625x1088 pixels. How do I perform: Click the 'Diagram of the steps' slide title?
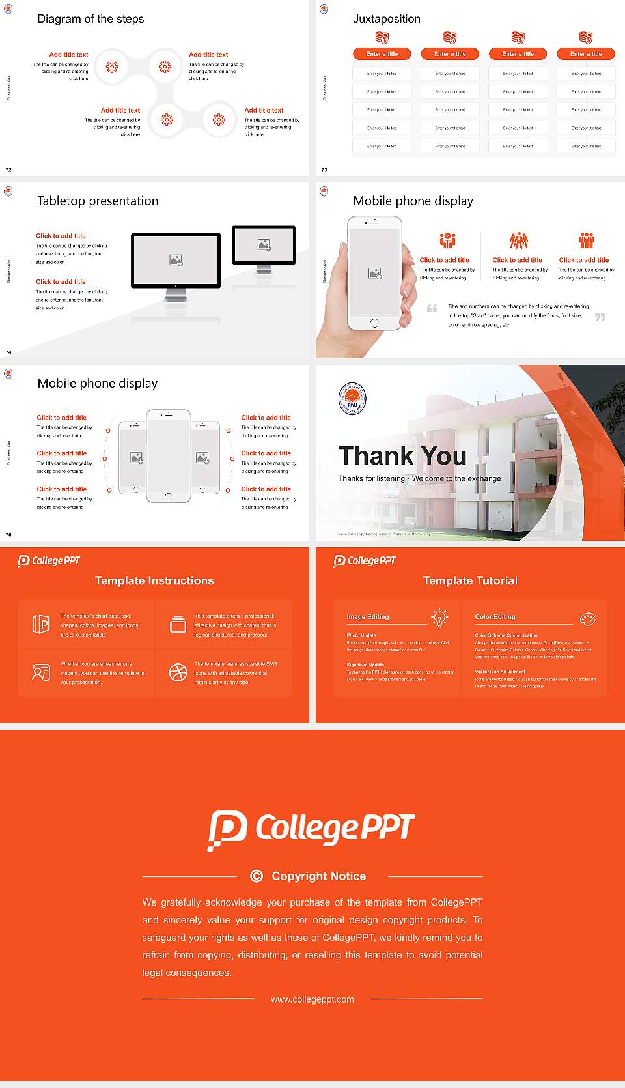point(90,19)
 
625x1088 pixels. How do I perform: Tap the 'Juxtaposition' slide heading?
point(386,19)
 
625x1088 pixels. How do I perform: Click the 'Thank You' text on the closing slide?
point(402,455)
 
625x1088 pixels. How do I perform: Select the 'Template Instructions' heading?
point(154,580)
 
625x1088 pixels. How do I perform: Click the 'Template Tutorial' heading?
point(470,580)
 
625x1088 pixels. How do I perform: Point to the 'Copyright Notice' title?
point(318,876)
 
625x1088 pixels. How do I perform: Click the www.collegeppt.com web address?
point(312,999)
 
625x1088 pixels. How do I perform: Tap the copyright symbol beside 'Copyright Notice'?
point(257,876)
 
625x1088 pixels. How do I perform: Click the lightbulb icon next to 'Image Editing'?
point(439,618)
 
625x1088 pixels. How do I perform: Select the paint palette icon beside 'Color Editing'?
point(587,618)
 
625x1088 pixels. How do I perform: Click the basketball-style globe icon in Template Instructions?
point(178,672)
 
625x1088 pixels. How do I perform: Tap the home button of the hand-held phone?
point(374,322)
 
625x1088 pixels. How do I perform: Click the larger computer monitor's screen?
point(176,260)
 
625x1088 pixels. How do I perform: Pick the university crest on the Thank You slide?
point(352,398)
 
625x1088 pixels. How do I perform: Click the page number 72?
point(8,169)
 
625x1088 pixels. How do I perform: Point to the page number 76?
point(8,534)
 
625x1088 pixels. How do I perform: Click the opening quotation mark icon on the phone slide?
point(432,308)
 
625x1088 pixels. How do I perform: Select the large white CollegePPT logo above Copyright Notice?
point(311,830)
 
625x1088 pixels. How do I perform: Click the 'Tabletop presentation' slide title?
point(98,201)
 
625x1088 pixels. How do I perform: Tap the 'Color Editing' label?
point(495,616)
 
